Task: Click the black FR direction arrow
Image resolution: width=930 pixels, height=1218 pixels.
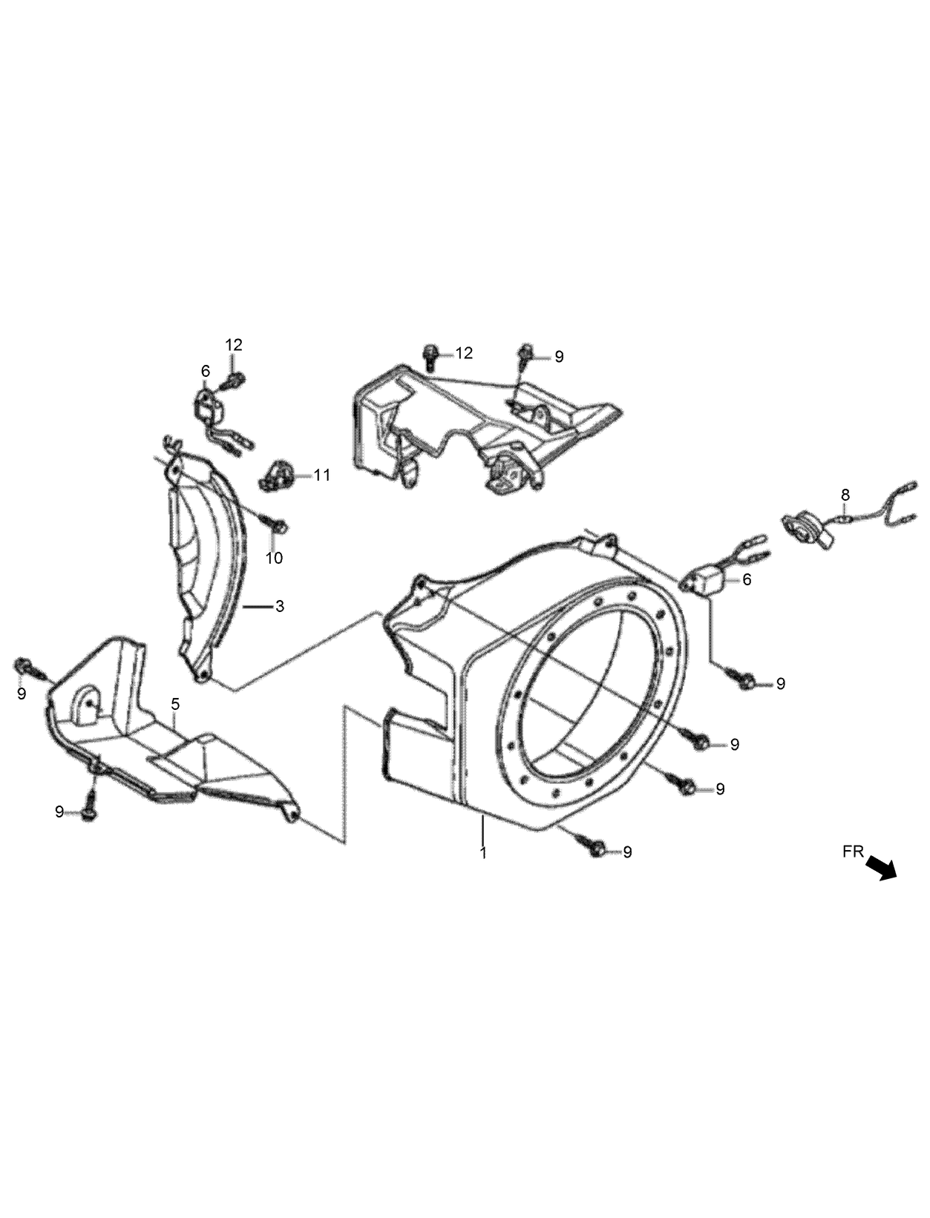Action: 882,867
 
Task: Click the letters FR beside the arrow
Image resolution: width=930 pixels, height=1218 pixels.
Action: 854,852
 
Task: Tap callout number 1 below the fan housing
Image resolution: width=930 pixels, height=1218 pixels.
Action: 483,853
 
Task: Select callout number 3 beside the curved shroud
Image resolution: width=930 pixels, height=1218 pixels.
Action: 279,606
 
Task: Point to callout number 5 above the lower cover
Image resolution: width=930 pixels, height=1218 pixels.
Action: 175,702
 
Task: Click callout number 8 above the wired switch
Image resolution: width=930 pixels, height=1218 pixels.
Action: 845,495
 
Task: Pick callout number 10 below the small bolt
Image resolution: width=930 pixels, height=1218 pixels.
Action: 275,558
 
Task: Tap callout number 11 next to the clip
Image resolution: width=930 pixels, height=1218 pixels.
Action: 321,475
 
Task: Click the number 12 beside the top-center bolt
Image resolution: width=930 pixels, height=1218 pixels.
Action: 464,353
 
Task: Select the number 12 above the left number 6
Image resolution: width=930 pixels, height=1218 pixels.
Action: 234,345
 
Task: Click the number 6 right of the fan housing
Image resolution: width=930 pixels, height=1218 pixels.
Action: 747,579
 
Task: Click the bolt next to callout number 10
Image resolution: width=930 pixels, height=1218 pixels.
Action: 279,526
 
